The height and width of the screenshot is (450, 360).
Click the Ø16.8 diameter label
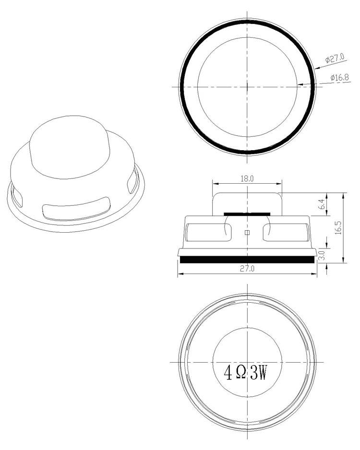pyautogui.click(x=339, y=77)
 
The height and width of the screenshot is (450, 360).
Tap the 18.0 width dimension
pyautogui.click(x=247, y=178)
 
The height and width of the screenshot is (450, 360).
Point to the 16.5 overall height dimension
pyautogui.click(x=338, y=227)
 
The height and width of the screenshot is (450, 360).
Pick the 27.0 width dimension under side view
pyautogui.click(x=247, y=270)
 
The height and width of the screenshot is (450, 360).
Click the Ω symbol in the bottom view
pyautogui.click(x=242, y=372)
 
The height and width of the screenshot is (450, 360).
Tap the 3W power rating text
pyautogui.click(x=259, y=372)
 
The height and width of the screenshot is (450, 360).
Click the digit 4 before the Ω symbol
pyautogui.click(x=228, y=372)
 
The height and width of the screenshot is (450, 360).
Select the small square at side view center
pyautogui.click(x=247, y=233)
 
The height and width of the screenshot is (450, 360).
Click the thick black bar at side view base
pyautogui.click(x=247, y=260)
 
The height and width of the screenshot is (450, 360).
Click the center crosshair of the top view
pyautogui.click(x=247, y=86)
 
